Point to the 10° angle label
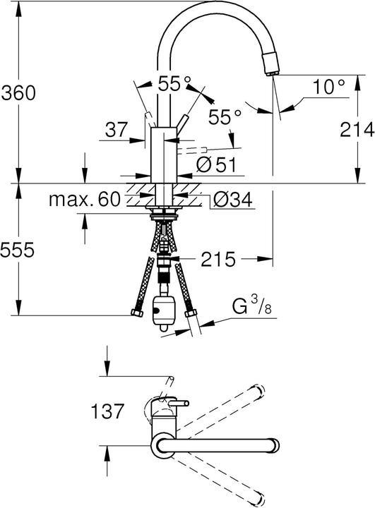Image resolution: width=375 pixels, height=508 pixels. click(x=328, y=87)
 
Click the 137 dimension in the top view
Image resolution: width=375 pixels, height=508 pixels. click(x=107, y=410)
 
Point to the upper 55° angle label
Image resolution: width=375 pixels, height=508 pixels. click(x=174, y=84)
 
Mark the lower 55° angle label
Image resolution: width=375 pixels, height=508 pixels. click(x=225, y=116)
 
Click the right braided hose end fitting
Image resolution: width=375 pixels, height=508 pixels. click(x=189, y=313)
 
